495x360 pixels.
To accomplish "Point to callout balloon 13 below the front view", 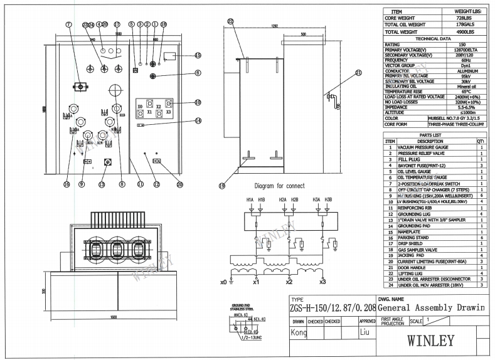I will [x=102, y=184].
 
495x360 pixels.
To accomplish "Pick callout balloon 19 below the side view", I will [x=222, y=185].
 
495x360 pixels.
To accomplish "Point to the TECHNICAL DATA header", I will [x=432, y=38].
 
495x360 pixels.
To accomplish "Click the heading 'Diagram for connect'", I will [x=279, y=186].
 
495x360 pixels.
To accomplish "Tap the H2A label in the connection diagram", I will [x=282, y=199].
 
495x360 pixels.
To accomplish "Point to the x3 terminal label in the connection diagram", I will [x=322, y=282].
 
